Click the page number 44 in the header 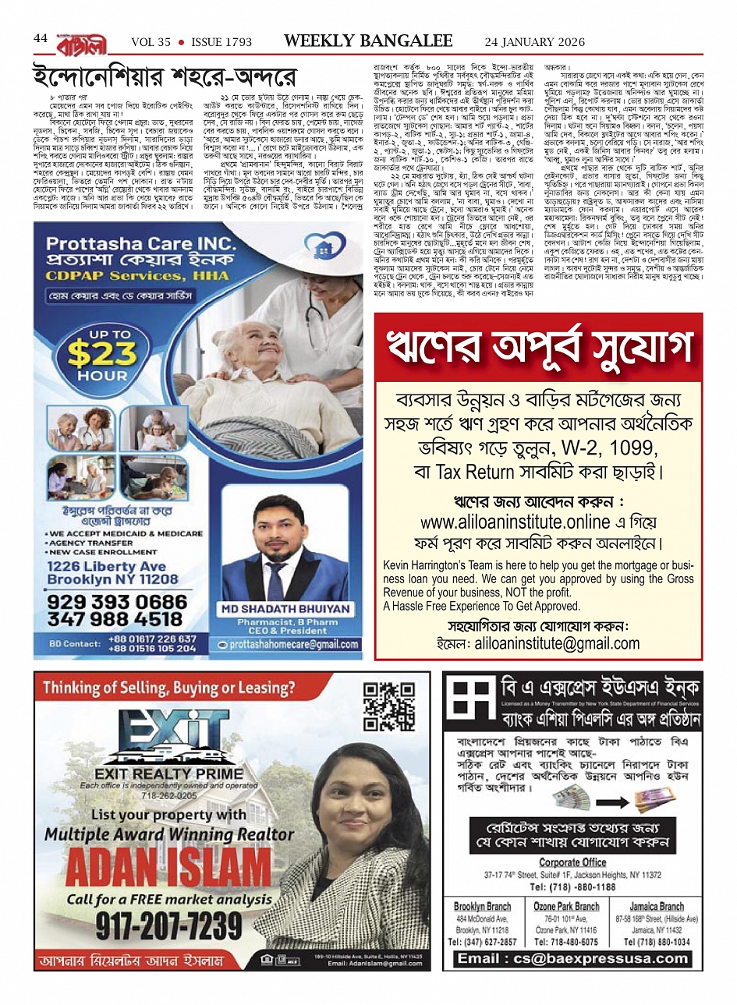(41, 38)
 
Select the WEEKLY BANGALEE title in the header (368, 41)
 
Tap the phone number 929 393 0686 (117, 603)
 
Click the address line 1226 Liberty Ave (106, 567)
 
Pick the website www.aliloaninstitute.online (515, 522)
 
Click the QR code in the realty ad (389, 706)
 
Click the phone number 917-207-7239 (169, 926)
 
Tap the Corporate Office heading (572, 862)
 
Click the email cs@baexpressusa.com (573, 958)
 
